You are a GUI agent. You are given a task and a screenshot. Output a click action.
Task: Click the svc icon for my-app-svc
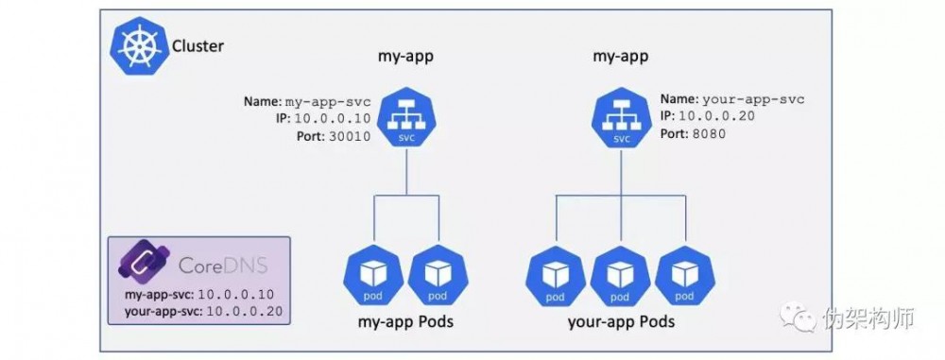pyautogui.click(x=405, y=121)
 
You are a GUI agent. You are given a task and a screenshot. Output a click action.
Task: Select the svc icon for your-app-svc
pyautogui.click(x=621, y=121)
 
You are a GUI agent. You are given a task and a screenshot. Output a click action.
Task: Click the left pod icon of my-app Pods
pyautogui.click(x=371, y=274)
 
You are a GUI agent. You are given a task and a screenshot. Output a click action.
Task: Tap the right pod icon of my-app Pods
pyautogui.click(x=438, y=274)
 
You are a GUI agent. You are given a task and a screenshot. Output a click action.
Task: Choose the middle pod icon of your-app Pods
pyautogui.click(x=620, y=274)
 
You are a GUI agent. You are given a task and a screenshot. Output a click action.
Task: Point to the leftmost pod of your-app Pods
pyautogui.click(x=554, y=274)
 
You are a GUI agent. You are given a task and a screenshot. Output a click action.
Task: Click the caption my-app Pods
pyautogui.click(x=405, y=322)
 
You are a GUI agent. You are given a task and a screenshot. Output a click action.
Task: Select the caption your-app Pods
pyautogui.click(x=621, y=322)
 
